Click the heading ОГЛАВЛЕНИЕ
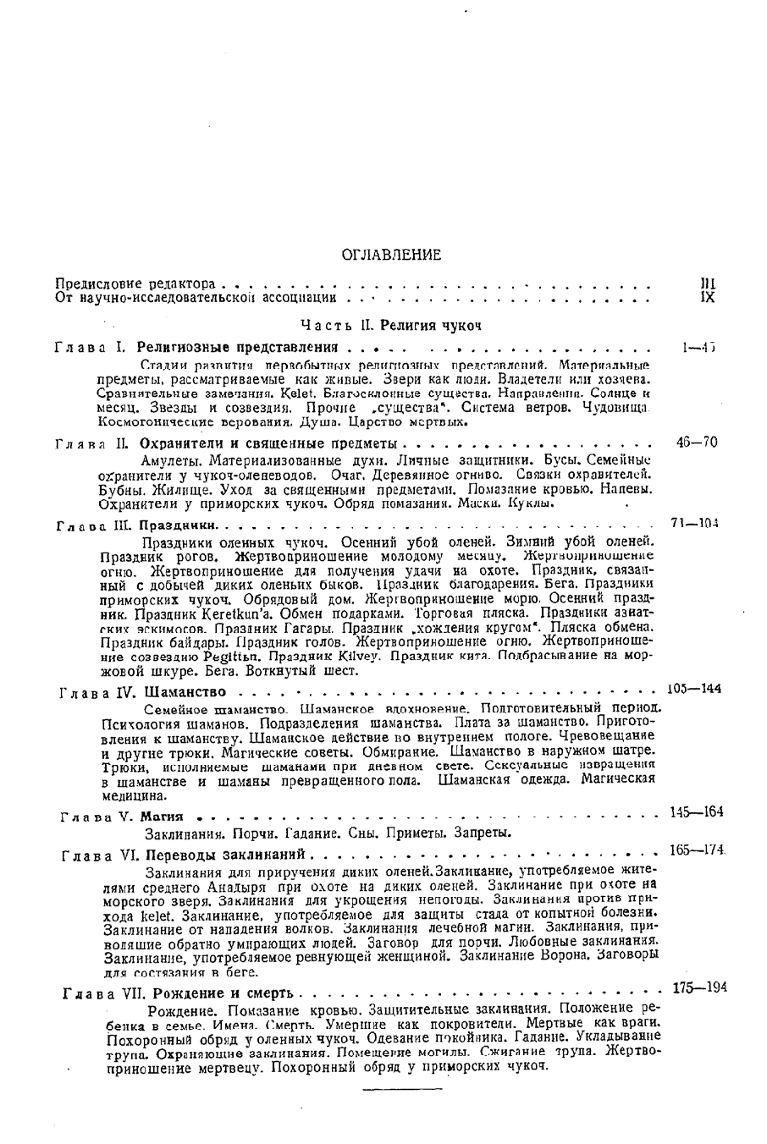click(391, 255)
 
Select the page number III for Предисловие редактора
click(709, 284)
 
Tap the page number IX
click(709, 298)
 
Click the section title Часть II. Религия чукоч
click(391, 325)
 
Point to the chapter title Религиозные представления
click(238, 348)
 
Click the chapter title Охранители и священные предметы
click(268, 443)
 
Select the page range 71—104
click(694, 524)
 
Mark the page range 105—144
click(694, 689)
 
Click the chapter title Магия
click(162, 818)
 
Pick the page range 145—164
click(696, 812)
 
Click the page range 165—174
click(698, 849)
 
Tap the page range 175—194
click(699, 987)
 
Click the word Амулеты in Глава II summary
click(168, 462)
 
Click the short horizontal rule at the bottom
click(391, 1087)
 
